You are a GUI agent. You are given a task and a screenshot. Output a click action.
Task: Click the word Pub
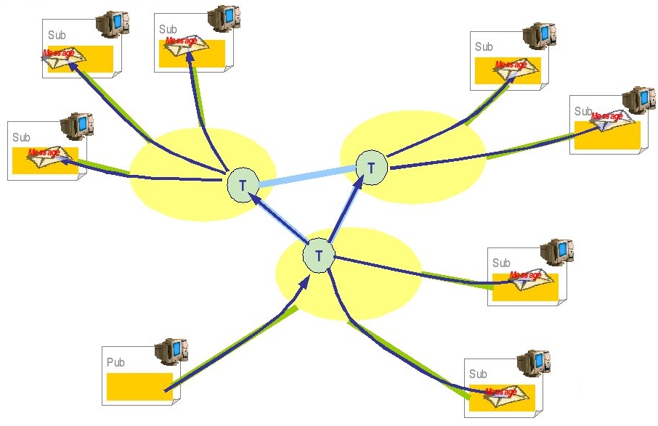coord(115,362)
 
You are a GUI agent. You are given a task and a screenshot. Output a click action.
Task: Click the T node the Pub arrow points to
coord(318,255)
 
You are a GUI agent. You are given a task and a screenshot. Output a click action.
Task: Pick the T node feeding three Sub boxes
coord(242,184)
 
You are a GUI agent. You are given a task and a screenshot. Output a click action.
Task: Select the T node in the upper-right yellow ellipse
coord(371,168)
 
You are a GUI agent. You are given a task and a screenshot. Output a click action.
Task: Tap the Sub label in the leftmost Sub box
coord(21,137)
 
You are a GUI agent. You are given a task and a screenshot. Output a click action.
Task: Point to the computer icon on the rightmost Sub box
coord(639,101)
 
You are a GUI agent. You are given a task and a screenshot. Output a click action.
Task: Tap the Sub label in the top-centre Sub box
coord(168,29)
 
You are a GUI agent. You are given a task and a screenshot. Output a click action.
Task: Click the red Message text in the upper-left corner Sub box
coord(58,53)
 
